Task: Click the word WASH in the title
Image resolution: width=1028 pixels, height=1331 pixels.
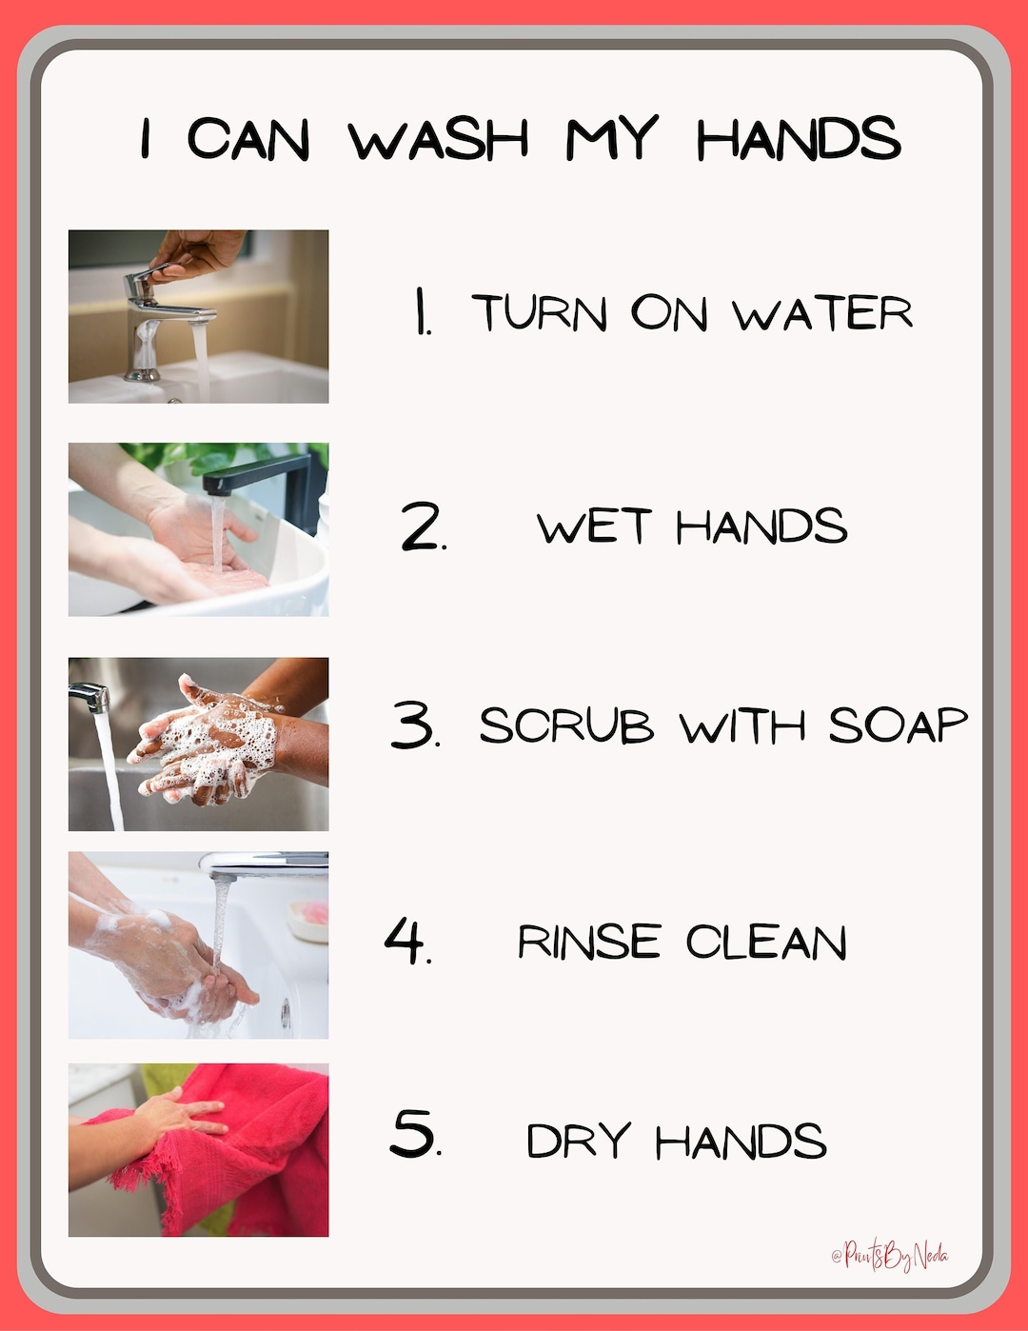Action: click(439, 139)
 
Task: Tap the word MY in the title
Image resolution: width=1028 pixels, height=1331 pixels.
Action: click(611, 139)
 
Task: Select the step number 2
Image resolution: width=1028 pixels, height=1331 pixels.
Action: click(422, 526)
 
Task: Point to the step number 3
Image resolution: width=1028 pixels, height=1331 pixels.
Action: click(414, 725)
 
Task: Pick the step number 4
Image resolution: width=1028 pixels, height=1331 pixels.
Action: click(407, 941)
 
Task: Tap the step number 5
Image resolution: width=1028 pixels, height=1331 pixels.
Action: click(415, 1133)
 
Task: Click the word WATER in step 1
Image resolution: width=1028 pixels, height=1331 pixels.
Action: click(822, 313)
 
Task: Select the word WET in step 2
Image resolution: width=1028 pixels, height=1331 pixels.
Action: click(594, 526)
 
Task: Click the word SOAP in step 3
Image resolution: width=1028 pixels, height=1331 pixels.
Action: click(898, 725)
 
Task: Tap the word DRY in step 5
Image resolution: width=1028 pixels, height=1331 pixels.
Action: click(579, 1141)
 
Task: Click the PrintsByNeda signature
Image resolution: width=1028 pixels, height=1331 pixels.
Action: click(890, 1256)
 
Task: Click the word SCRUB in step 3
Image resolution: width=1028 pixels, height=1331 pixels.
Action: click(566, 725)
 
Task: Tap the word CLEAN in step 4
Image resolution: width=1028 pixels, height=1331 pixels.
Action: click(766, 943)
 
